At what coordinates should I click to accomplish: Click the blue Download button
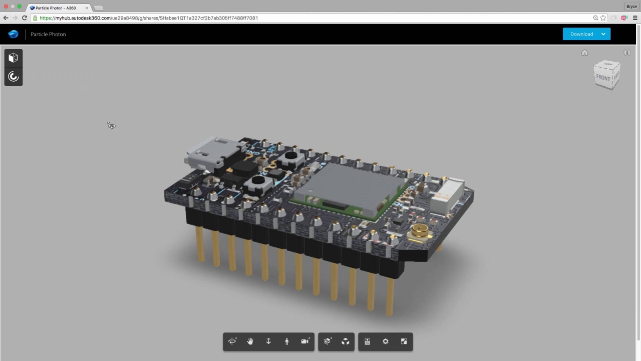coord(581,34)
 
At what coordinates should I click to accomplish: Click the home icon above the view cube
coord(584,53)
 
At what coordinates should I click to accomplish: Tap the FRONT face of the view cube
coord(603,78)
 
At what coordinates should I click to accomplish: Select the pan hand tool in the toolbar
coord(250,341)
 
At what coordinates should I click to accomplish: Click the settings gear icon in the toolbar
coord(386,341)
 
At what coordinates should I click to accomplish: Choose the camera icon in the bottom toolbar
coord(305,341)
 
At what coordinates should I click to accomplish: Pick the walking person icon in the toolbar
coord(287,341)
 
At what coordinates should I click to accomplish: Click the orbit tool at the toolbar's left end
coord(232,341)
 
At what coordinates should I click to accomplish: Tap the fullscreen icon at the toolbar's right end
coord(404,341)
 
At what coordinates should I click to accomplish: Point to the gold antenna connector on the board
coord(420,231)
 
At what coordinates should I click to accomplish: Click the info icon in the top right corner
coord(627,53)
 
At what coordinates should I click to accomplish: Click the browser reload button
coord(24,18)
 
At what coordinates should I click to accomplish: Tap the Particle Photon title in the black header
coord(48,34)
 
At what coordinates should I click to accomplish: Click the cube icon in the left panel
coord(14,58)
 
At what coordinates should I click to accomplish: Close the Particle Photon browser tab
coord(87,8)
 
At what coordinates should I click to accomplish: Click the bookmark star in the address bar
coord(603,18)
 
